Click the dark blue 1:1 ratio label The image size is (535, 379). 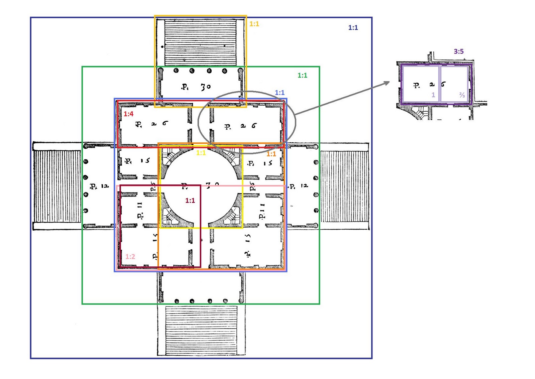(353, 28)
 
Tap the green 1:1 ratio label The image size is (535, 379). (302, 76)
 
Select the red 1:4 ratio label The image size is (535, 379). (128, 114)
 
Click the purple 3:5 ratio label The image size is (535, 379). (458, 51)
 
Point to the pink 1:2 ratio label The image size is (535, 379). (130, 257)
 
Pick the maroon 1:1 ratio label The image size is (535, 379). (190, 201)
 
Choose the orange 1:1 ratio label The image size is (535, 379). (271, 154)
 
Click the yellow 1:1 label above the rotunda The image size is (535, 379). (201, 153)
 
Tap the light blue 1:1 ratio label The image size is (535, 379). (280, 93)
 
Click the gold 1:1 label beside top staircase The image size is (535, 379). (254, 24)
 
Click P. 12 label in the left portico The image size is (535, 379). (99, 186)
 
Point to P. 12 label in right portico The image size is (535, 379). (298, 186)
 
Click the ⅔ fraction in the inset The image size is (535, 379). (462, 95)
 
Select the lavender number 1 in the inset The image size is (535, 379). (433, 95)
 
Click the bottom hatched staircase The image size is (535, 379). (201, 330)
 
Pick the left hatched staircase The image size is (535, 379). (57, 186)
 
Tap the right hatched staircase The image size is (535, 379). (344, 186)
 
